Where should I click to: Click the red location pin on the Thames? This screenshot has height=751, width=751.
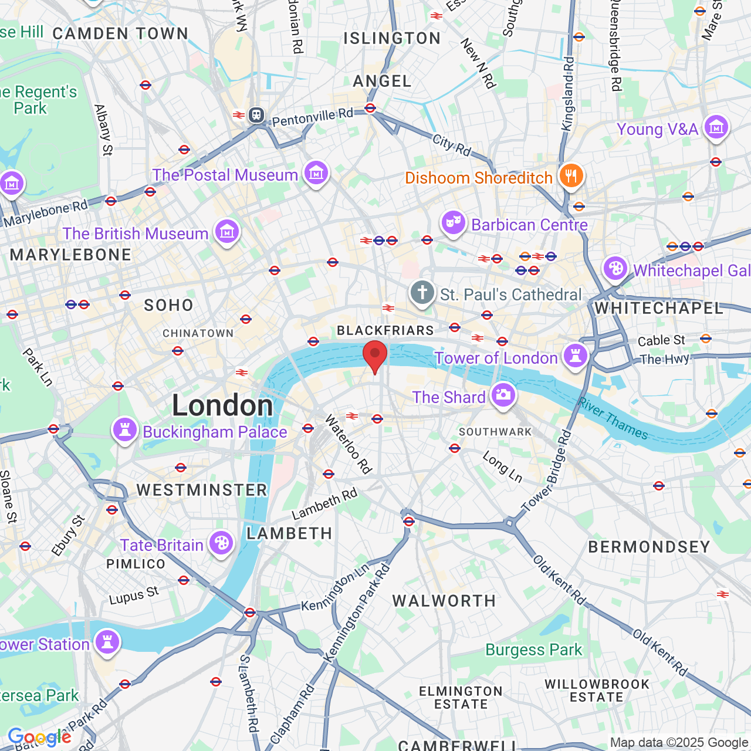click(375, 356)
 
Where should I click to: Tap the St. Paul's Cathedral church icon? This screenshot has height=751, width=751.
click(422, 293)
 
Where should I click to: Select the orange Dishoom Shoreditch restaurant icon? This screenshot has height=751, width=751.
click(570, 176)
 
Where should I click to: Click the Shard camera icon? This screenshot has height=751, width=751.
click(503, 395)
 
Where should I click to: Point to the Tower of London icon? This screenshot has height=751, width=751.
click(575, 356)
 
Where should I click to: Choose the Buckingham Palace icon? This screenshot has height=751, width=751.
click(124, 431)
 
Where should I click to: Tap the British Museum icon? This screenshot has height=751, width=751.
click(227, 232)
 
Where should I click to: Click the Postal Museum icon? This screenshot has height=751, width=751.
click(316, 174)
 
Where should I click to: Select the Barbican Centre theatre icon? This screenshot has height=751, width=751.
click(453, 224)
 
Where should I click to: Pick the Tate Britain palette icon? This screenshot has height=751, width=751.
click(221, 544)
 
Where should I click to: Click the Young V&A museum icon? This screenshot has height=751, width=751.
click(716, 127)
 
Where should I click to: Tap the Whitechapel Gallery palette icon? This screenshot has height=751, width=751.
click(615, 269)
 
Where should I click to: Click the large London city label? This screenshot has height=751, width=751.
click(222, 405)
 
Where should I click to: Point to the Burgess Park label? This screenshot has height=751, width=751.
click(533, 649)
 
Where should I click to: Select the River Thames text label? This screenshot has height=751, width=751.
click(613, 418)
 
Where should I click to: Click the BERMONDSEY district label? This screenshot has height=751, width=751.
click(649, 547)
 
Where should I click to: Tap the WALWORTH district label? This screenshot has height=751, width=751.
click(444, 601)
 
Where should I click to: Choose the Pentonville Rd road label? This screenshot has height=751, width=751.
click(312, 117)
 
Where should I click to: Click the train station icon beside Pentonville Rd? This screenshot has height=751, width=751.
click(256, 114)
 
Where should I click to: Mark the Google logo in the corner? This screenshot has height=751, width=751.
click(39, 737)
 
